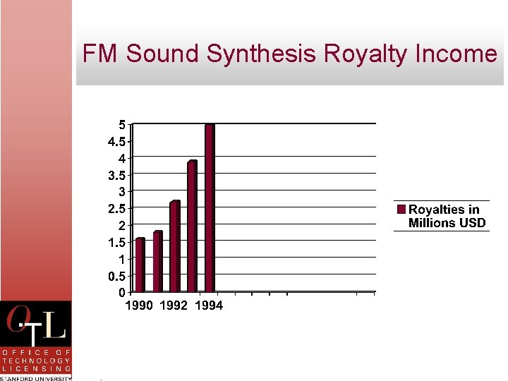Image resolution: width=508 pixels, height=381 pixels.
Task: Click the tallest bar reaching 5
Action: point(210,208)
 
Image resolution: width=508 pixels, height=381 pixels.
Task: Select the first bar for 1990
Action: point(140,265)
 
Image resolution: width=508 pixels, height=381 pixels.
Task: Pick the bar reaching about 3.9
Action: point(192,226)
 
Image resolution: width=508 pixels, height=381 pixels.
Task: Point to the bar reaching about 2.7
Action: point(175,247)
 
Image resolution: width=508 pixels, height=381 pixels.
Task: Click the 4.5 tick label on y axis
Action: point(117,141)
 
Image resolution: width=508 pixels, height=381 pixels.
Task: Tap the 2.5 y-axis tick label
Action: point(117,209)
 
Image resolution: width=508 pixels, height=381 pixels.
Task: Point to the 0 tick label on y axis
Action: point(122,292)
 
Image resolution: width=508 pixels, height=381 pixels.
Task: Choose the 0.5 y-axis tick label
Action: point(117,276)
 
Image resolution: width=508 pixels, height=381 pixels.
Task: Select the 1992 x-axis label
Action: point(174,306)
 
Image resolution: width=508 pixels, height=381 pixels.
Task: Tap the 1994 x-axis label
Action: point(209,306)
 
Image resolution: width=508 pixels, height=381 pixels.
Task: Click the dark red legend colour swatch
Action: point(401,210)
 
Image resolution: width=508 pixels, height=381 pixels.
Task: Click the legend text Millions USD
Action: point(447,223)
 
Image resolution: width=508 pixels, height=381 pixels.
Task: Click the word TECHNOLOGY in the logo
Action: point(36,360)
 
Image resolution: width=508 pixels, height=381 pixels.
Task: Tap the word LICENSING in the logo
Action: point(36,368)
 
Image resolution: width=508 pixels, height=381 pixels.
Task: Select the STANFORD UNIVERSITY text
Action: point(36,377)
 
